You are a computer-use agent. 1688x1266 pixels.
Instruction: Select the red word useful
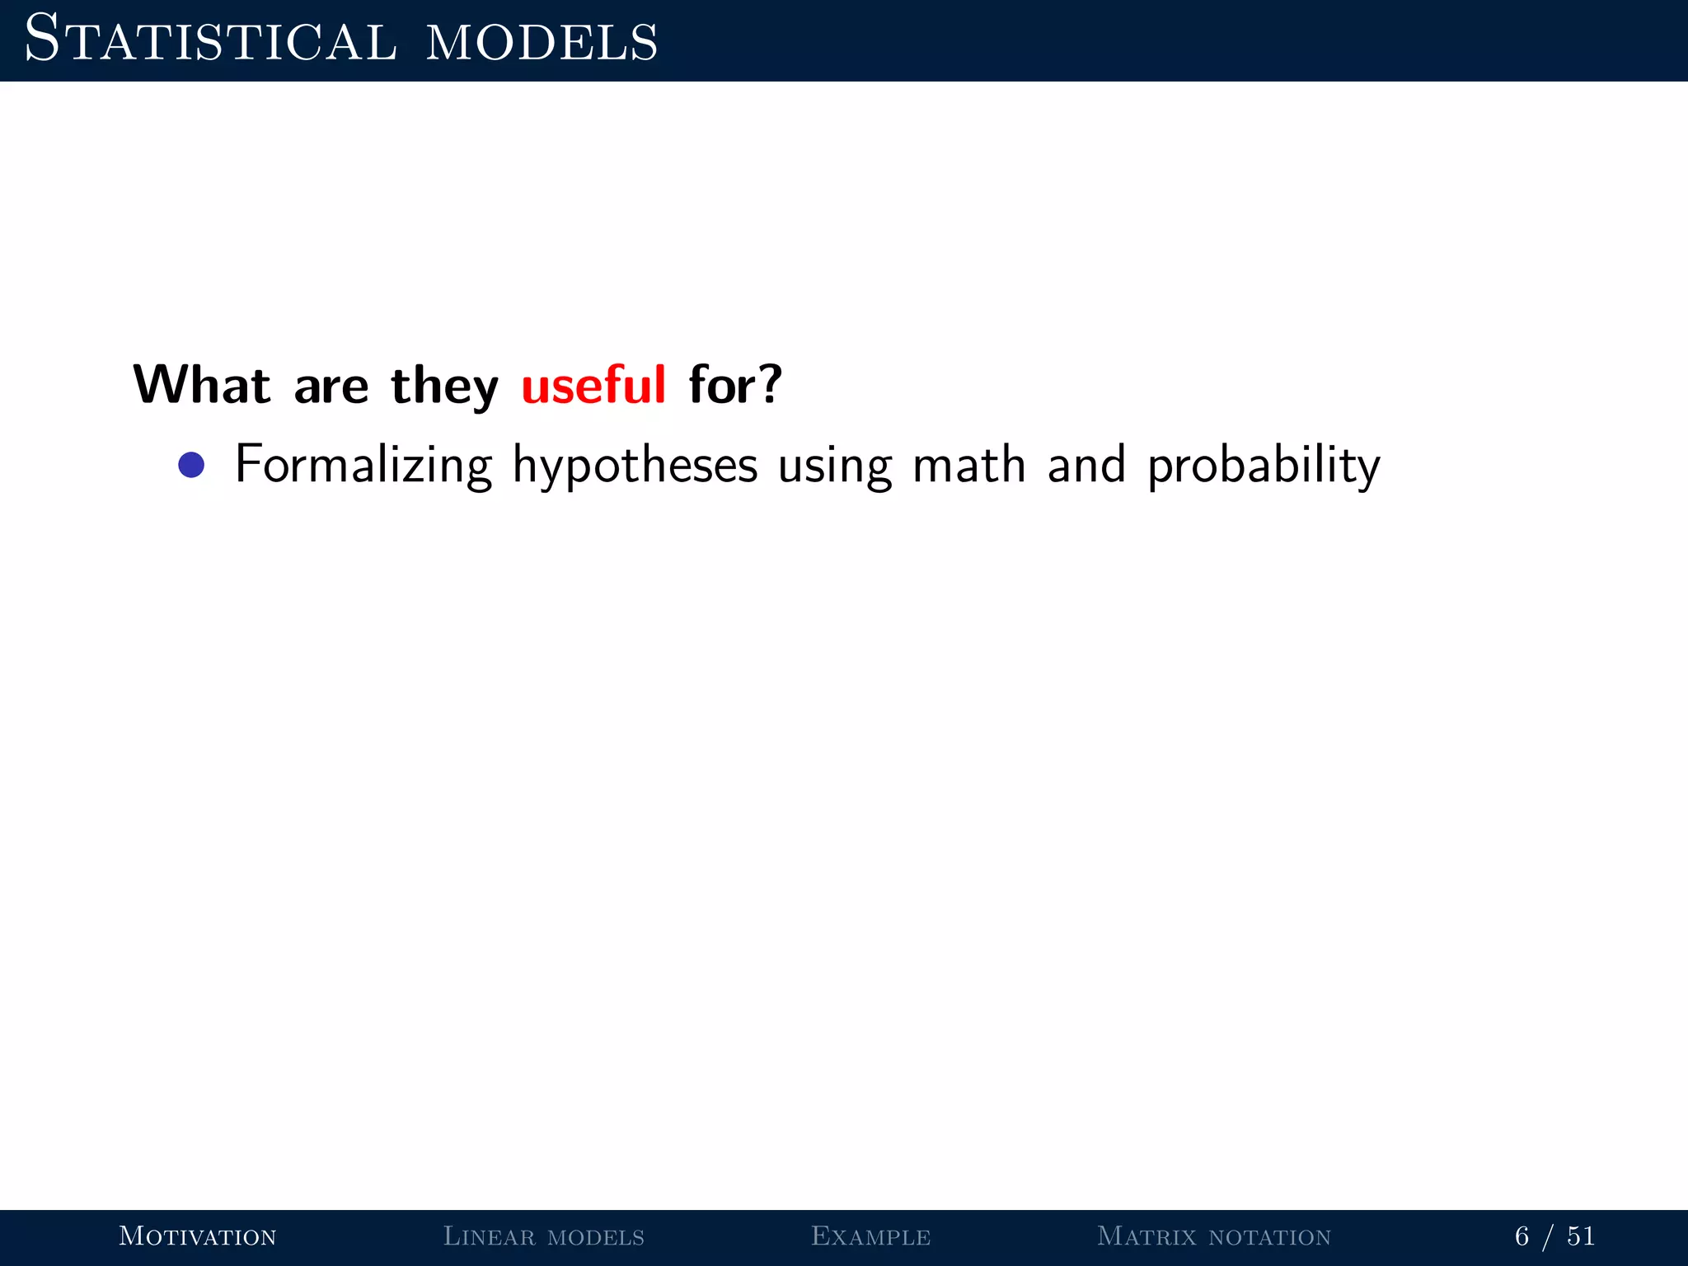coord(593,385)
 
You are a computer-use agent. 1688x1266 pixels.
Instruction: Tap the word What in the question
coord(202,385)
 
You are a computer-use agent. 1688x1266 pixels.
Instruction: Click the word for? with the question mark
coord(735,385)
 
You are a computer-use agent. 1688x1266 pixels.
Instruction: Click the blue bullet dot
coord(191,465)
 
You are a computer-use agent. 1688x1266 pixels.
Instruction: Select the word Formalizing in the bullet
coord(363,466)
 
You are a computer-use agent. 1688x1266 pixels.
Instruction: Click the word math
coord(969,465)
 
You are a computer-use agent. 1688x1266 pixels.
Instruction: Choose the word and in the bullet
coord(1086,465)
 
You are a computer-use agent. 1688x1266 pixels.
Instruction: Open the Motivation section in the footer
coord(198,1236)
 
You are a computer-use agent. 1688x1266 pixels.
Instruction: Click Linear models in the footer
coord(544,1236)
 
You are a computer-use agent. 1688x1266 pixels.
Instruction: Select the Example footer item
coord(871,1236)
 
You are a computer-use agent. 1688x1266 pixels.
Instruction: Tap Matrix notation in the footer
coord(1214,1236)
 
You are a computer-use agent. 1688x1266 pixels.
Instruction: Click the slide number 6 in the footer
coord(1522,1236)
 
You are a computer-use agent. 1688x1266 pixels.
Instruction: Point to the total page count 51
coord(1581,1236)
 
